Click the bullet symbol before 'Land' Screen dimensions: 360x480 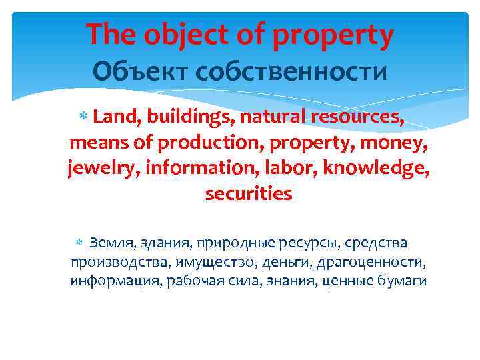pos(85,119)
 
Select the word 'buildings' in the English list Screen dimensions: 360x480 pos(187,119)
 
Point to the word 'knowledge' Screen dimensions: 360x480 pos(375,169)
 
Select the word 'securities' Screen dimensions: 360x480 pos(249,194)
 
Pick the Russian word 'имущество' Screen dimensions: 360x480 pos(211,262)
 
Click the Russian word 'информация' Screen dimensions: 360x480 pos(115,281)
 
